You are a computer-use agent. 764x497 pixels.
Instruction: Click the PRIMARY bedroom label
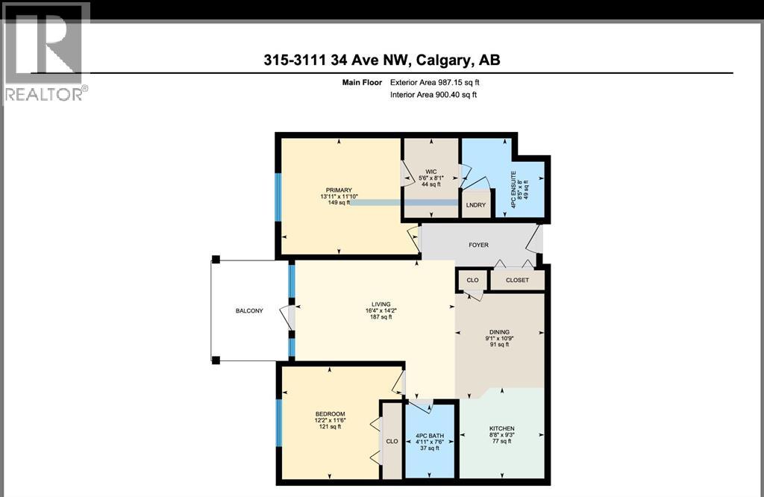click(x=338, y=190)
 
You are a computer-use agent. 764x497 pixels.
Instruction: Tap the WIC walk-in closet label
click(x=430, y=171)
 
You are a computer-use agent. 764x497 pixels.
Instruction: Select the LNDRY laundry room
click(x=475, y=205)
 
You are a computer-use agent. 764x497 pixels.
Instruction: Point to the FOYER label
click(x=478, y=244)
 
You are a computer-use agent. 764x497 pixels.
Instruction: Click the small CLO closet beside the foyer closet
click(x=472, y=281)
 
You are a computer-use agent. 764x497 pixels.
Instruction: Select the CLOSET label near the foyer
click(x=517, y=281)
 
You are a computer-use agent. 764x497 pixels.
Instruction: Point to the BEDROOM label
click(x=329, y=413)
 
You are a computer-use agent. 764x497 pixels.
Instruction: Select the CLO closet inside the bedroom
click(x=392, y=441)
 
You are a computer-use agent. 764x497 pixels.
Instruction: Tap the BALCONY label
click(x=249, y=311)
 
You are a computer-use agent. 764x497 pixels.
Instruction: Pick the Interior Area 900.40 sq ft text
click(x=433, y=95)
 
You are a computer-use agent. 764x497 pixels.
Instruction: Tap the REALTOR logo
click(x=46, y=52)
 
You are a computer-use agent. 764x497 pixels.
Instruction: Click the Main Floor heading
click(x=361, y=83)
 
